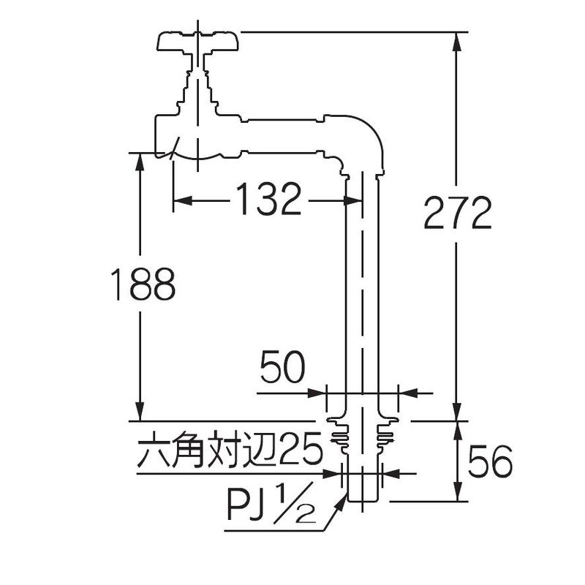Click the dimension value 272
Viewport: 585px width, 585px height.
[458, 213]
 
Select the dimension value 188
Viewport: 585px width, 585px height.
[143, 284]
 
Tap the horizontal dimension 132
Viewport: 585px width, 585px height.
[268, 199]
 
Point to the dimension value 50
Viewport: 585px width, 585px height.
[282, 367]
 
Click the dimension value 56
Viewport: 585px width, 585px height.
[490, 461]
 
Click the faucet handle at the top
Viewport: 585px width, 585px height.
[197, 42]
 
